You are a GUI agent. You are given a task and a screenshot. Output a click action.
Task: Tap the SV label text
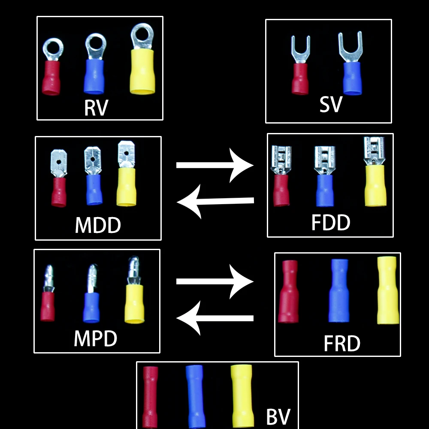331,104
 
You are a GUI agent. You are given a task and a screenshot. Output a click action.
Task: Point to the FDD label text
331,222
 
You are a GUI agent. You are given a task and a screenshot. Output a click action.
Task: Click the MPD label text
95,338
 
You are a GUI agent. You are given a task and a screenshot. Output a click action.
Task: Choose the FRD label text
341,343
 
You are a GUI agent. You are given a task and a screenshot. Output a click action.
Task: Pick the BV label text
278,416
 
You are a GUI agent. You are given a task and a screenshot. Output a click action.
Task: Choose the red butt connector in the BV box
150,397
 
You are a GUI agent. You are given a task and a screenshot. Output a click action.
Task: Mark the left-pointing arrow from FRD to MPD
214,318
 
